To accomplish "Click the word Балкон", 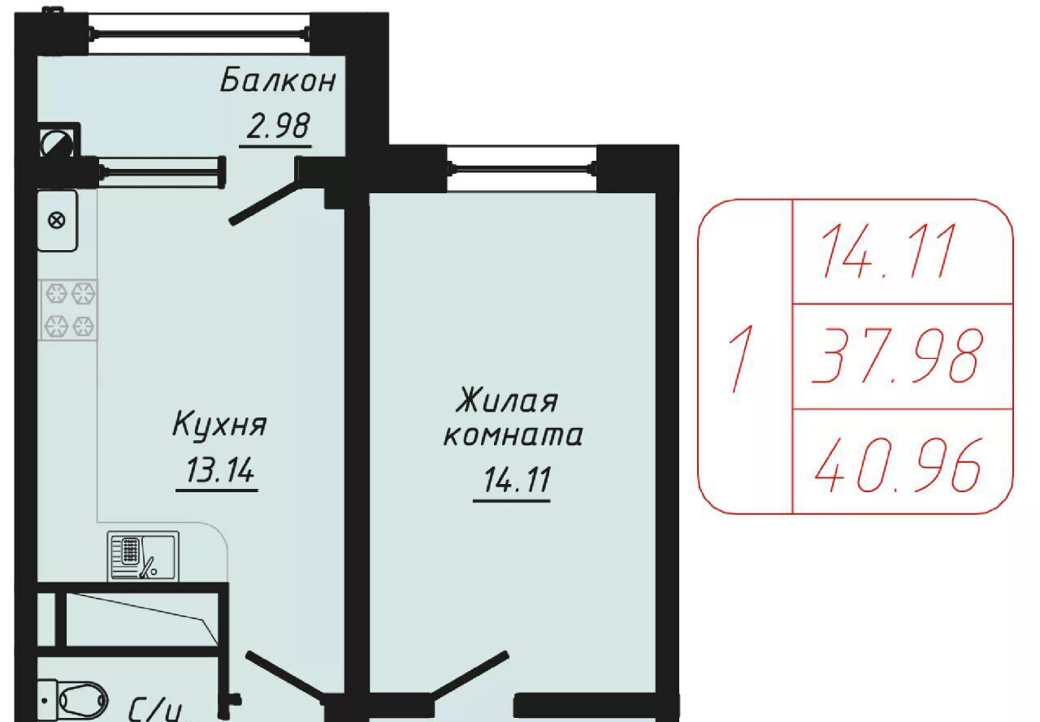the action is coord(278,80).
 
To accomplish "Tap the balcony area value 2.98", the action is coord(278,126).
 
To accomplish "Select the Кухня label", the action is coord(219,423).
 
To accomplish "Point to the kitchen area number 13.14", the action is coord(219,469).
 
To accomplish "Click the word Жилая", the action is coord(506,400).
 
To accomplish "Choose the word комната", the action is coord(513,435).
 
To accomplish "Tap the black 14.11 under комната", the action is coord(517,479).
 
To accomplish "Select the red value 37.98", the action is coord(897,356).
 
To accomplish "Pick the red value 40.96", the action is coord(898,465).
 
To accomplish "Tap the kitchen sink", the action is coord(143,556).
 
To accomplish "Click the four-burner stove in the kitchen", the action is coord(68,309).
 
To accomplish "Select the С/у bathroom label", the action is coord(154,711).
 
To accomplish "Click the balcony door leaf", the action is coord(266,203).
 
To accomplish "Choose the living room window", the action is coord(522,168).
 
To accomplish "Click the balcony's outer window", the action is coord(199,33).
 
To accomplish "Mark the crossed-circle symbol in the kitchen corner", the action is coord(57,220).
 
